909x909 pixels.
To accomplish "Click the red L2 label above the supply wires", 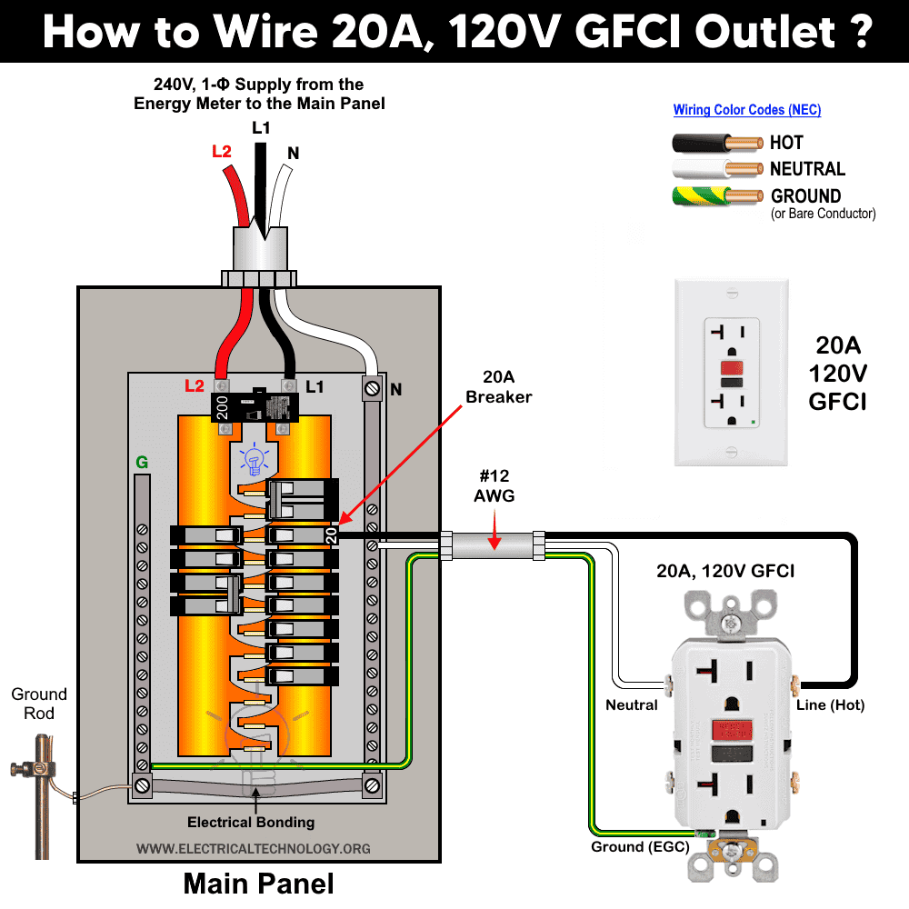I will (222, 152).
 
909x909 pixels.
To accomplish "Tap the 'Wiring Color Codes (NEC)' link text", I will (746, 110).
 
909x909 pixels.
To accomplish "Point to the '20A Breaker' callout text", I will (498, 388).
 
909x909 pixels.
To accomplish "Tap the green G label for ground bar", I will (142, 463).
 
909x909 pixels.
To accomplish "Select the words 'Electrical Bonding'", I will (251, 823).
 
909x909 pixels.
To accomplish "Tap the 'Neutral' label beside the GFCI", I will (632, 705).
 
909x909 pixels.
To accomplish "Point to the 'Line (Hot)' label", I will (830, 705).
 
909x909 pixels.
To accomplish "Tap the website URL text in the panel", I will (254, 848).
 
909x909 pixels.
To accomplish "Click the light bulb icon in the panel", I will (254, 459).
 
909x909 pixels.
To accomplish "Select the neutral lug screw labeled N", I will (372, 388).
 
